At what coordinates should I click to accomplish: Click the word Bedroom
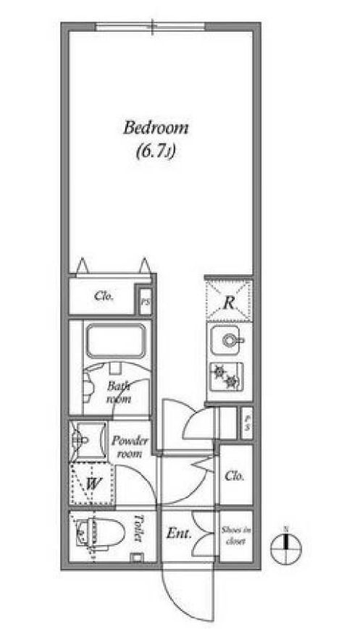tap(156, 129)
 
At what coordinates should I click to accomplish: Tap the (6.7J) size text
tap(156, 152)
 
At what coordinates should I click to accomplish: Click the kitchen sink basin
tap(229, 339)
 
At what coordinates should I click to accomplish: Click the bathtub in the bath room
tap(115, 339)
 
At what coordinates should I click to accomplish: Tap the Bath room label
tap(118, 392)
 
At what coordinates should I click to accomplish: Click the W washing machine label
tap(93, 482)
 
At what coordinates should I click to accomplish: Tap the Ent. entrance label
tap(178, 535)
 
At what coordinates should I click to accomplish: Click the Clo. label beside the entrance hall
tap(233, 476)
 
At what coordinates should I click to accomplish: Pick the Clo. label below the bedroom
tap(103, 295)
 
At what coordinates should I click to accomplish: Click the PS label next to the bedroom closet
tap(146, 303)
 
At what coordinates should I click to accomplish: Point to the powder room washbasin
tap(81, 438)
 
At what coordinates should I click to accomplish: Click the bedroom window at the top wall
tap(152, 27)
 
